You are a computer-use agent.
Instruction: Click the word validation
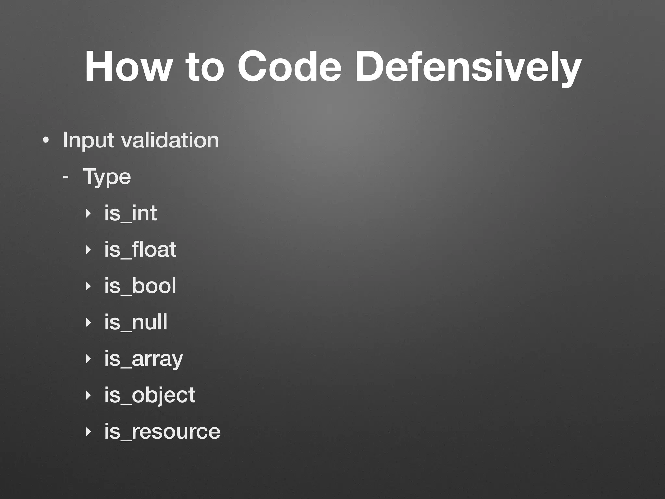point(170,140)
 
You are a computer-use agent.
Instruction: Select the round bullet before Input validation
point(46,141)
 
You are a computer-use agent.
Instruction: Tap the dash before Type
point(66,177)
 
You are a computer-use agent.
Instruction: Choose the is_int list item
point(130,213)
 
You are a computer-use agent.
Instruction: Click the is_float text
point(140,249)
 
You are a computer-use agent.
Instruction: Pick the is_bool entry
point(140,286)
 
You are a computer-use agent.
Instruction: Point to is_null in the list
point(136,322)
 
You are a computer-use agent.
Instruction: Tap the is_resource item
point(162,432)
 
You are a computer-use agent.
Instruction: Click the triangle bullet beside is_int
point(87,214)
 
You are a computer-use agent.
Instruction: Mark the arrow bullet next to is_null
point(87,323)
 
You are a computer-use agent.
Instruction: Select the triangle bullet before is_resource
point(87,432)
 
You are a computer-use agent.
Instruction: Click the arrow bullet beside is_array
point(87,359)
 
